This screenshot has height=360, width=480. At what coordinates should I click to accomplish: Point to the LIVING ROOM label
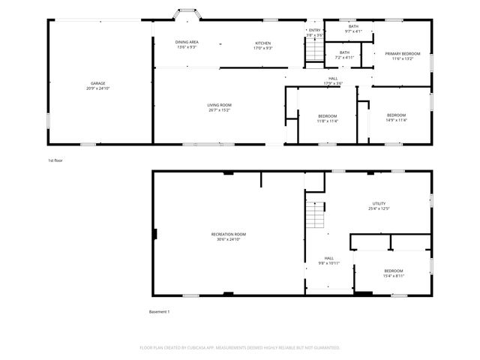[219, 107]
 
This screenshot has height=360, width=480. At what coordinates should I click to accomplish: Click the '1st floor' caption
[55, 160]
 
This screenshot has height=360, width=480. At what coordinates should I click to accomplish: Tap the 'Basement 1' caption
[160, 311]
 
